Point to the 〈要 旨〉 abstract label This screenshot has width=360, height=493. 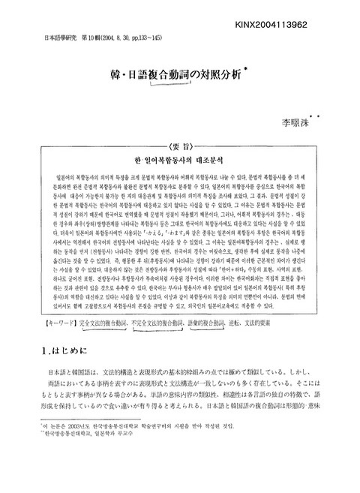[x=181, y=125]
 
